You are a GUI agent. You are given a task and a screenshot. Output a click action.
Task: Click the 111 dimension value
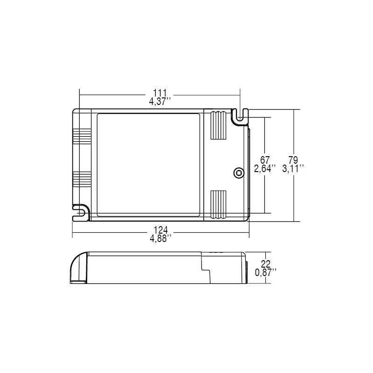[x=160, y=93]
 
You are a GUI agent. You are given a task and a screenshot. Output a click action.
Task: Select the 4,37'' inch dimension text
[x=160, y=102]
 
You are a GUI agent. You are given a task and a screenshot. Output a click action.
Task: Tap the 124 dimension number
[x=160, y=230]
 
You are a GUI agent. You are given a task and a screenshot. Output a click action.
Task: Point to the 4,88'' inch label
[x=160, y=238]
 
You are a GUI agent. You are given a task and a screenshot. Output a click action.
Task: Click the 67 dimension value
[x=264, y=159]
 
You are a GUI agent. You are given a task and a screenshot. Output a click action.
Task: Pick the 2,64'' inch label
[x=265, y=168]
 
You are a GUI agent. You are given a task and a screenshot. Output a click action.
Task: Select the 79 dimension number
[x=293, y=159]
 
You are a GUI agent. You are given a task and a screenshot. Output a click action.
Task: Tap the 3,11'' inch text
[x=293, y=168]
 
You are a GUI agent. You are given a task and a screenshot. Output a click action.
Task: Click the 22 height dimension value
[x=266, y=264]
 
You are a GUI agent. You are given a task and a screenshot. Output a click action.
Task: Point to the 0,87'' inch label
[x=266, y=272]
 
